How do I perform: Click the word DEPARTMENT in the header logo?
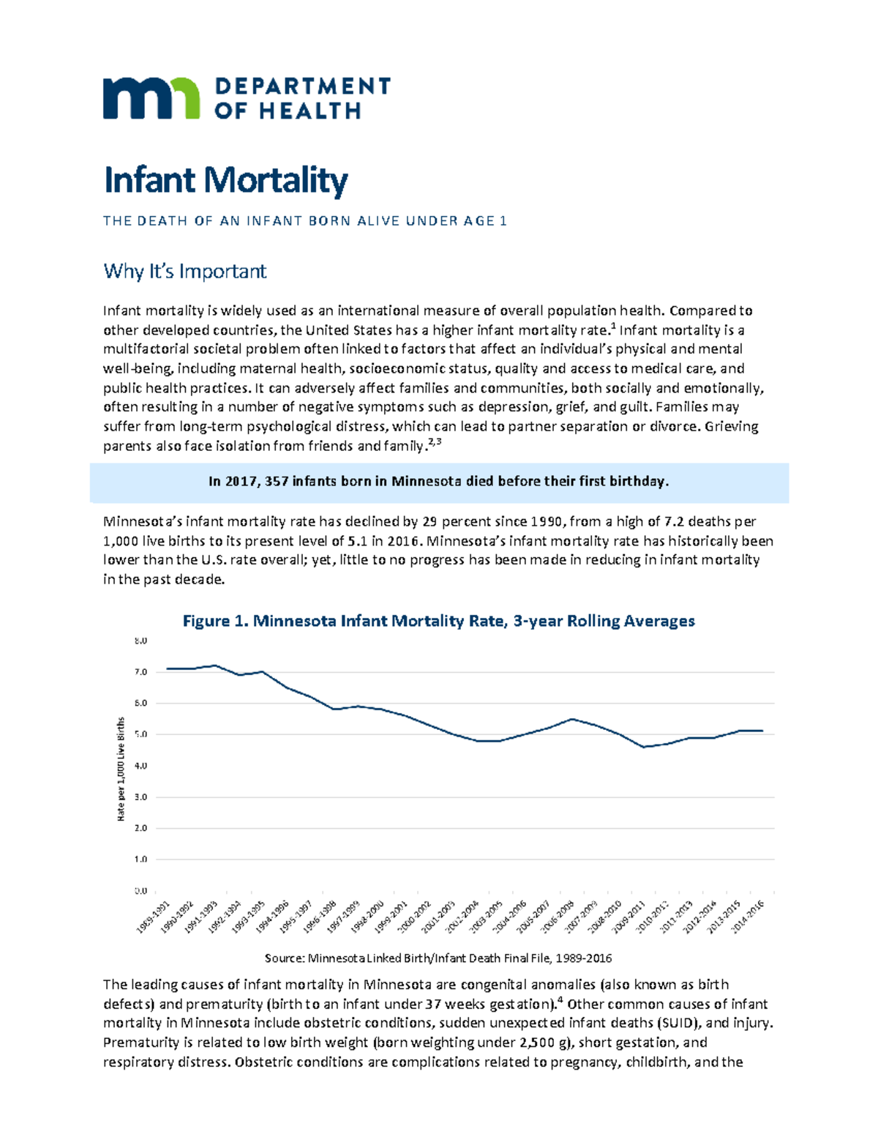[x=302, y=86]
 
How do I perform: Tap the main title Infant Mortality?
[x=225, y=180]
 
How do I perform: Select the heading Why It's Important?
[x=184, y=272]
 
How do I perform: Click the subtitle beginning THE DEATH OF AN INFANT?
[x=304, y=221]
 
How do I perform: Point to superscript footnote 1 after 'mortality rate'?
[x=612, y=327]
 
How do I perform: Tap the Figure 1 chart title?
[x=438, y=621]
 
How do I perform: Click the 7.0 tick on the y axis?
[x=140, y=672]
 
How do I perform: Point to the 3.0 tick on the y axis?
[x=140, y=797]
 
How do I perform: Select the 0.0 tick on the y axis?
[x=140, y=891]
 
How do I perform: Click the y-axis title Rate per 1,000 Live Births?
[x=121, y=769]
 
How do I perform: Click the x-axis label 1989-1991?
[x=153, y=917]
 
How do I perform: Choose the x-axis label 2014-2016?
[x=748, y=917]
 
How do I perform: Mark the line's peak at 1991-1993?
[x=214, y=666]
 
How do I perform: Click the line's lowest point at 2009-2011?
[x=643, y=747]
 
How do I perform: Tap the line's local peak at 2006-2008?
[x=572, y=719]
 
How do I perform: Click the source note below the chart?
[x=438, y=958]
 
